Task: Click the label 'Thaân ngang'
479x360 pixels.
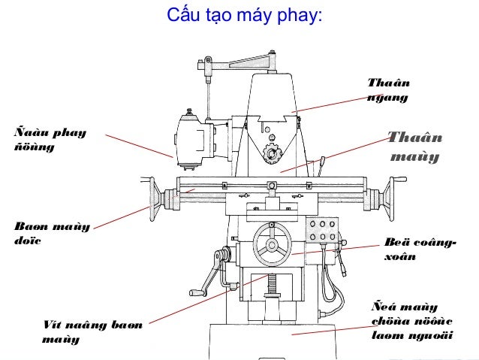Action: click(x=388, y=90)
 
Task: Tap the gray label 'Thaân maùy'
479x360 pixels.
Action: click(x=414, y=148)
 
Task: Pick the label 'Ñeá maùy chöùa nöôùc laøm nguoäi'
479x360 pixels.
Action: click(x=412, y=322)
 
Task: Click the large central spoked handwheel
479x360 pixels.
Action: click(x=272, y=246)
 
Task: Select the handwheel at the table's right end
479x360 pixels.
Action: click(x=391, y=197)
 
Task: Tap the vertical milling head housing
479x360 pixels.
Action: click(x=195, y=139)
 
